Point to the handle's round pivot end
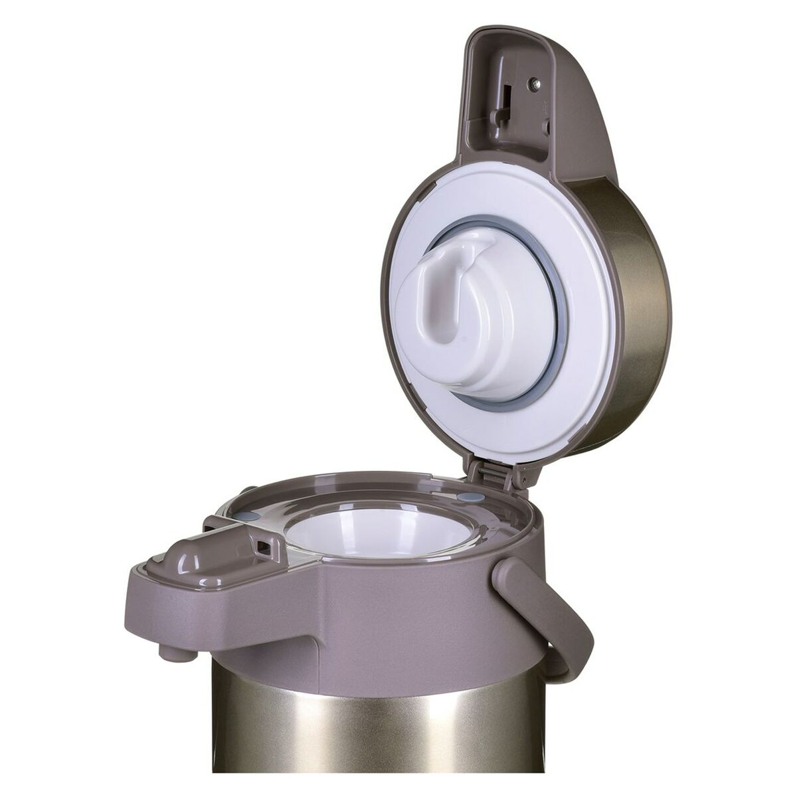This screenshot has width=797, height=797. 509,575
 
